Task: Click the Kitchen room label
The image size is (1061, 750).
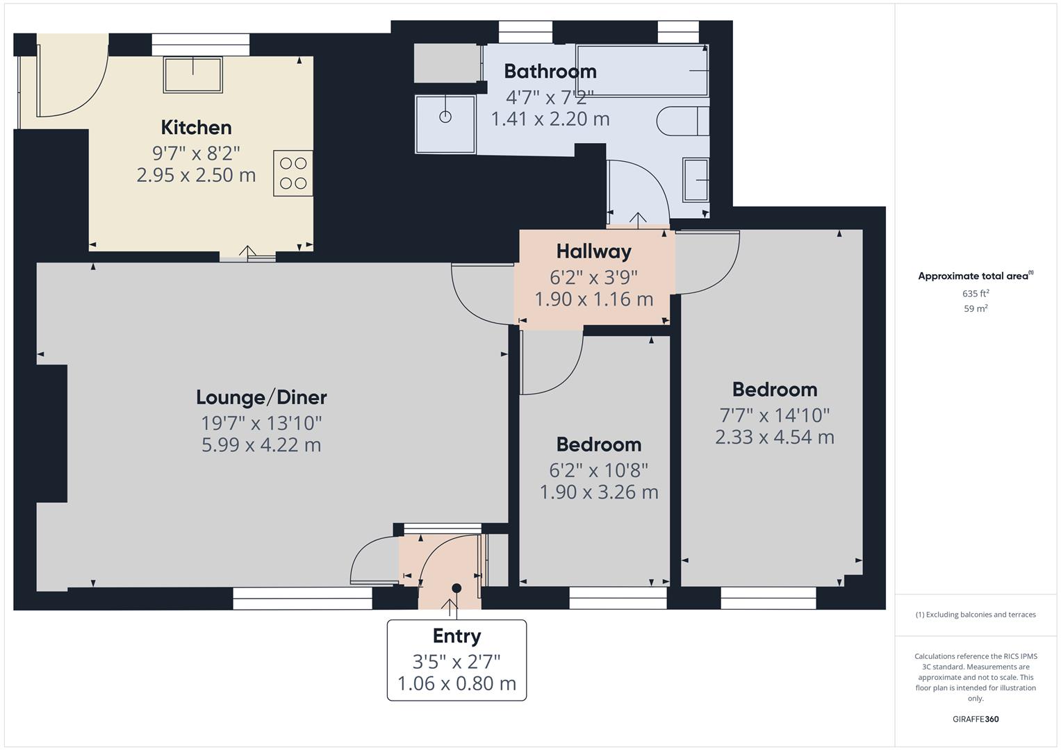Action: tap(196, 127)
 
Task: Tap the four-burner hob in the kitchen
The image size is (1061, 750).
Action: tap(293, 173)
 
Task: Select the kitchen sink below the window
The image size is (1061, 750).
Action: tap(192, 74)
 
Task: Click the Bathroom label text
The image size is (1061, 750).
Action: tap(550, 71)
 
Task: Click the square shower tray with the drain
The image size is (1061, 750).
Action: tap(445, 124)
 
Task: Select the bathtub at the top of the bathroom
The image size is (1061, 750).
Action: tap(641, 71)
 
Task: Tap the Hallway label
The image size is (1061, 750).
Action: tap(593, 251)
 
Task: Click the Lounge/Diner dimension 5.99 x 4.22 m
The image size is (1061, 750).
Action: tap(261, 444)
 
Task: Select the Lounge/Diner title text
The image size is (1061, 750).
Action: tap(261, 397)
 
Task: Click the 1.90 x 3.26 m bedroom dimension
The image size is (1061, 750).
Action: tap(599, 492)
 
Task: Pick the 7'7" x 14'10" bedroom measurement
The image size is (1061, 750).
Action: tap(774, 415)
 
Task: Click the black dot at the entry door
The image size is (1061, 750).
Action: tap(457, 588)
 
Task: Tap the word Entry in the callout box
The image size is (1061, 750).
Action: tap(457, 635)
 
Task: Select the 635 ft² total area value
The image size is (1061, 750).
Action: tap(976, 293)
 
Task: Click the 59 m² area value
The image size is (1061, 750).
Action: tap(976, 308)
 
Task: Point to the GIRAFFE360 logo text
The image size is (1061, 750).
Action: tap(976, 719)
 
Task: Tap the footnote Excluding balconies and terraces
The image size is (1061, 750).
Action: tap(976, 615)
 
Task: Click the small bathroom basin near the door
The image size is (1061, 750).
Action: tap(696, 181)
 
